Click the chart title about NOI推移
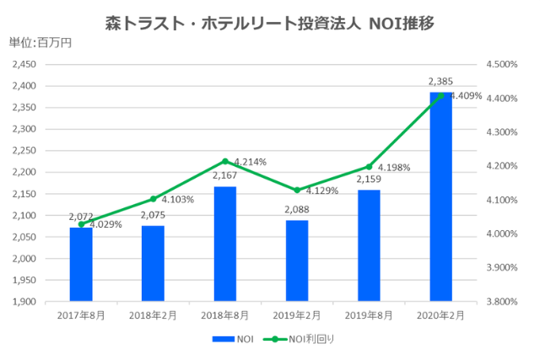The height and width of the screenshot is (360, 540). pyautogui.click(x=270, y=23)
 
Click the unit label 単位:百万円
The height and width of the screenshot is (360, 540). pyautogui.click(x=40, y=44)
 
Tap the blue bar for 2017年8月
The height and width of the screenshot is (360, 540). pyautogui.click(x=81, y=264)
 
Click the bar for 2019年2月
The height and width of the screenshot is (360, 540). pyautogui.click(x=297, y=261)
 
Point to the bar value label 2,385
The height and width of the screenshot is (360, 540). pyautogui.click(x=440, y=82)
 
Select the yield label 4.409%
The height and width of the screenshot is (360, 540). pyautogui.click(x=466, y=96)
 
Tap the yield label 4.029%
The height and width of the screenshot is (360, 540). pyautogui.click(x=105, y=225)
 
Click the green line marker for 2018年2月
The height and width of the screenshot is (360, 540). pyautogui.click(x=153, y=199)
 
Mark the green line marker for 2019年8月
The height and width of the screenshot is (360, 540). pyautogui.click(x=369, y=167)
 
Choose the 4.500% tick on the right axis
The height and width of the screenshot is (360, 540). pyautogui.click(x=504, y=64)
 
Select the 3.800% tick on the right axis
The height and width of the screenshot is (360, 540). pyautogui.click(x=504, y=301)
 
